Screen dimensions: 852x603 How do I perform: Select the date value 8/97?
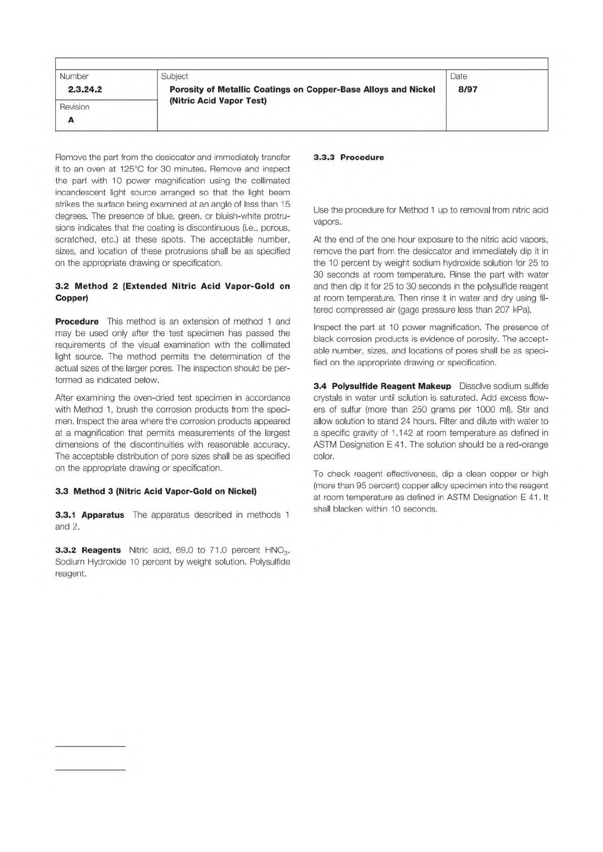point(467,90)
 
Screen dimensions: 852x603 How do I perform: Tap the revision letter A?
point(71,120)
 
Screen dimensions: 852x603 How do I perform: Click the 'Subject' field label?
point(174,76)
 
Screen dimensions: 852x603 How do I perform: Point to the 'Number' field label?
point(74,76)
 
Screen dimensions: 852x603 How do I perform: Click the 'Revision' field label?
point(74,107)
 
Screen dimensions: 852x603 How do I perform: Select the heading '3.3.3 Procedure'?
point(348,157)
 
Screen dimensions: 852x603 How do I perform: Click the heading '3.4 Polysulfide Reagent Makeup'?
point(382,386)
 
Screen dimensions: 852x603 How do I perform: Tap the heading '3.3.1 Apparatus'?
point(90,515)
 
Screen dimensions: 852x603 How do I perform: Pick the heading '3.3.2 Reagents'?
point(88,550)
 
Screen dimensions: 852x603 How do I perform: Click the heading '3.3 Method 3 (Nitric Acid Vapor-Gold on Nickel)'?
point(156,491)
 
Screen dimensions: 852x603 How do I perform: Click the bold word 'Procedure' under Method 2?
point(77,322)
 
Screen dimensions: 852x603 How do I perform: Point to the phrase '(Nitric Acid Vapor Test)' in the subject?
point(218,101)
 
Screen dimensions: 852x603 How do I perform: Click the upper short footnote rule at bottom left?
point(90,746)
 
